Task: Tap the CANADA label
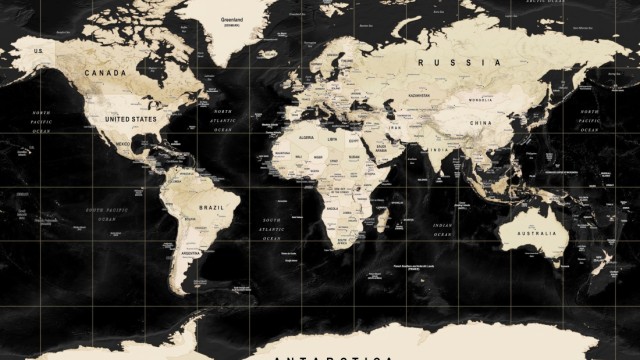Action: (105, 73)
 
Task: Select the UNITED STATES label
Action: (131, 119)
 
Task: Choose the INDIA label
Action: (439, 150)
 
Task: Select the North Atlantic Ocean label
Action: (222, 121)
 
